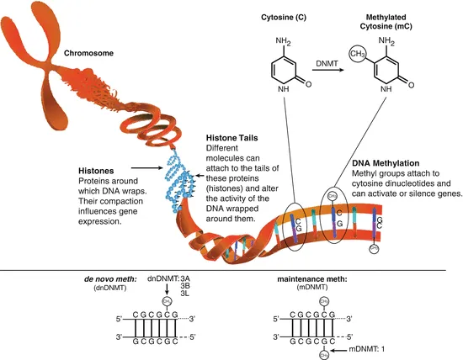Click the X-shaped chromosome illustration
(x=42, y=59)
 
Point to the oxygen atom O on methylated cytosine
(x=410, y=84)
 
